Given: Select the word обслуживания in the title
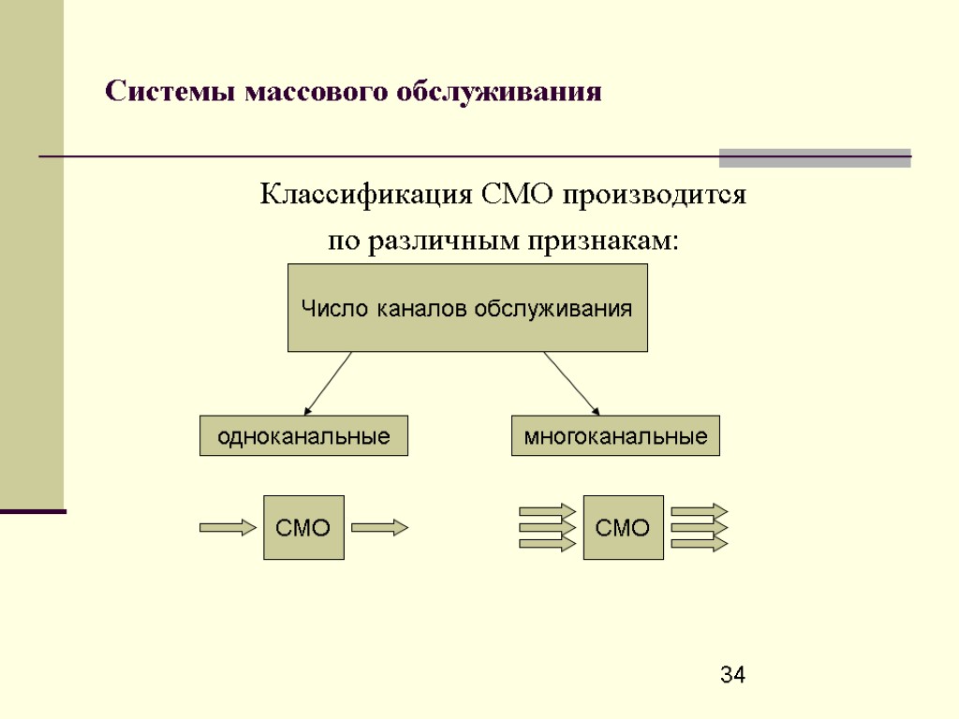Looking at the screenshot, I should pyautogui.click(x=499, y=93).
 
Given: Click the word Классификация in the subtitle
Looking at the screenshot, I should pyautogui.click(x=365, y=197).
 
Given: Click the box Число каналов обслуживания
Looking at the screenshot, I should pyautogui.click(x=466, y=307).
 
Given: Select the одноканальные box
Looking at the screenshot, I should pyautogui.click(x=303, y=435).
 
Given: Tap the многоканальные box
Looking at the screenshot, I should pyautogui.click(x=615, y=435).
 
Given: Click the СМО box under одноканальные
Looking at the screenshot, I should pyautogui.click(x=303, y=527).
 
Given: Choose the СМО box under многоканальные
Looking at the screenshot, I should pyautogui.click(x=623, y=527).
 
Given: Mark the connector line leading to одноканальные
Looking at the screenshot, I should pyautogui.click(x=328, y=383).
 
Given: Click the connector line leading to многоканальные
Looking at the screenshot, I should pyautogui.click(x=570, y=383).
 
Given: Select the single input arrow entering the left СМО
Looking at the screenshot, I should pyautogui.click(x=228, y=528).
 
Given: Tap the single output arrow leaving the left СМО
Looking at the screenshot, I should pyautogui.click(x=379, y=528).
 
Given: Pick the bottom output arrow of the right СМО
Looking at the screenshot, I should pyautogui.click(x=699, y=544).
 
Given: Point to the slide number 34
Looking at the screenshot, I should pyautogui.click(x=733, y=674).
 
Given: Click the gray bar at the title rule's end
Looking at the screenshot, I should pyautogui.click(x=815, y=157).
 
